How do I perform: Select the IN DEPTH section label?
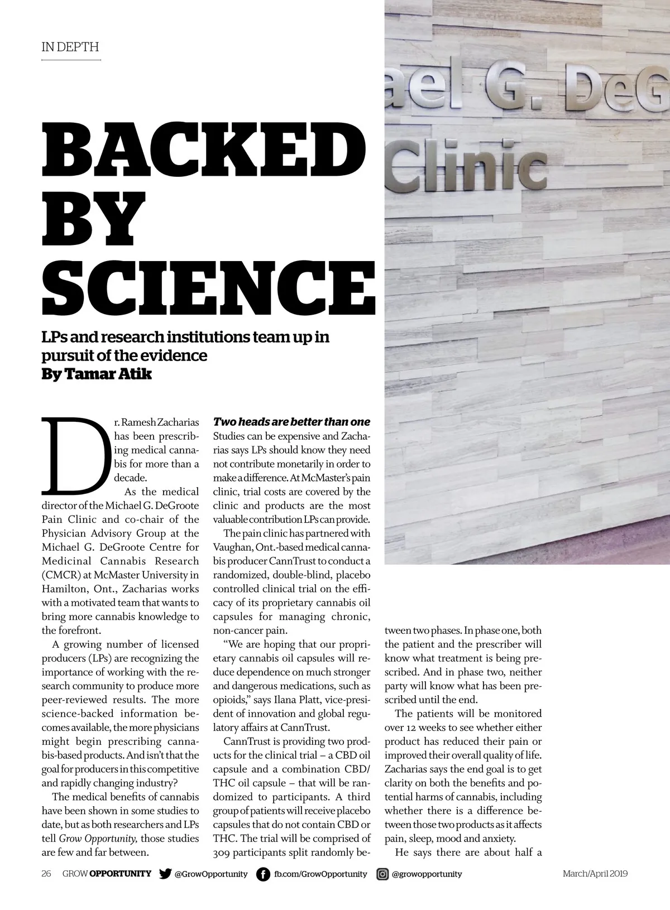(x=70, y=47)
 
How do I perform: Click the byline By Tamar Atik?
(x=97, y=374)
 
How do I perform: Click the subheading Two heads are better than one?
(x=291, y=422)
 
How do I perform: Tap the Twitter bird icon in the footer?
(x=165, y=874)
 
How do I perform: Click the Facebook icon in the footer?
(x=262, y=874)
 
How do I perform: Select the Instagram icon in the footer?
(x=382, y=874)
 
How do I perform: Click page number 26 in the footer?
(x=46, y=874)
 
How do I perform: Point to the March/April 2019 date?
(x=595, y=874)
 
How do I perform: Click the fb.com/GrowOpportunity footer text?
(x=320, y=874)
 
